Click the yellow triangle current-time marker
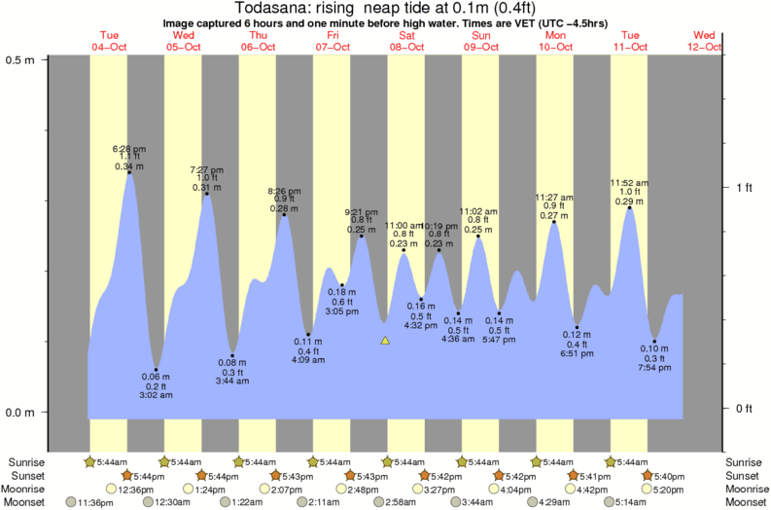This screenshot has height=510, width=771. [385, 341]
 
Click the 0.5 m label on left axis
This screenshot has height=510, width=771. [20, 60]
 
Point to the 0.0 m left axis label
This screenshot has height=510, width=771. [20, 413]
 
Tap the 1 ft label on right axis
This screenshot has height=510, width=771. [745, 187]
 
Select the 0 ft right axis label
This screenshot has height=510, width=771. [745, 408]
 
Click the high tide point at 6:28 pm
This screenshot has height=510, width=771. [129, 173]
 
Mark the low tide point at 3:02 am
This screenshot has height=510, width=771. [156, 370]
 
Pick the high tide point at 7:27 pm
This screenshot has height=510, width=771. [206, 194]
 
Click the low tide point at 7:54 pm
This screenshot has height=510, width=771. [654, 342]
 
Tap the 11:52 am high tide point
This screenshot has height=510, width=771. [630, 207]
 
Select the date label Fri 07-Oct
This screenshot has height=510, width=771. [332, 41]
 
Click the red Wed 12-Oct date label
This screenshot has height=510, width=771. [705, 41]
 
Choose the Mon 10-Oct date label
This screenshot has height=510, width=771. [555, 41]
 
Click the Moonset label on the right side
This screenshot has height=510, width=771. [745, 502]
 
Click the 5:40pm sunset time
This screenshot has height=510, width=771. [671, 475]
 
